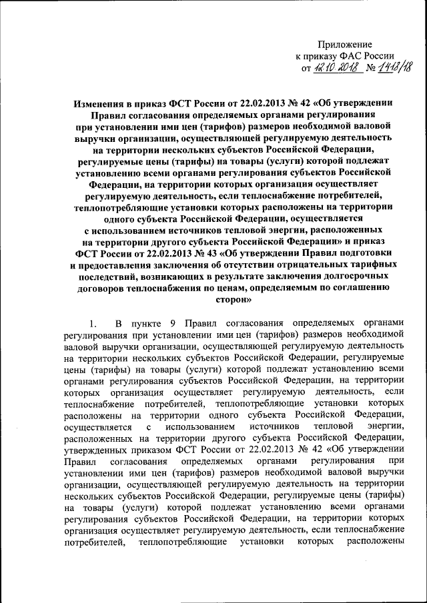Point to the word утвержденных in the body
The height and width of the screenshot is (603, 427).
(95, 448)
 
